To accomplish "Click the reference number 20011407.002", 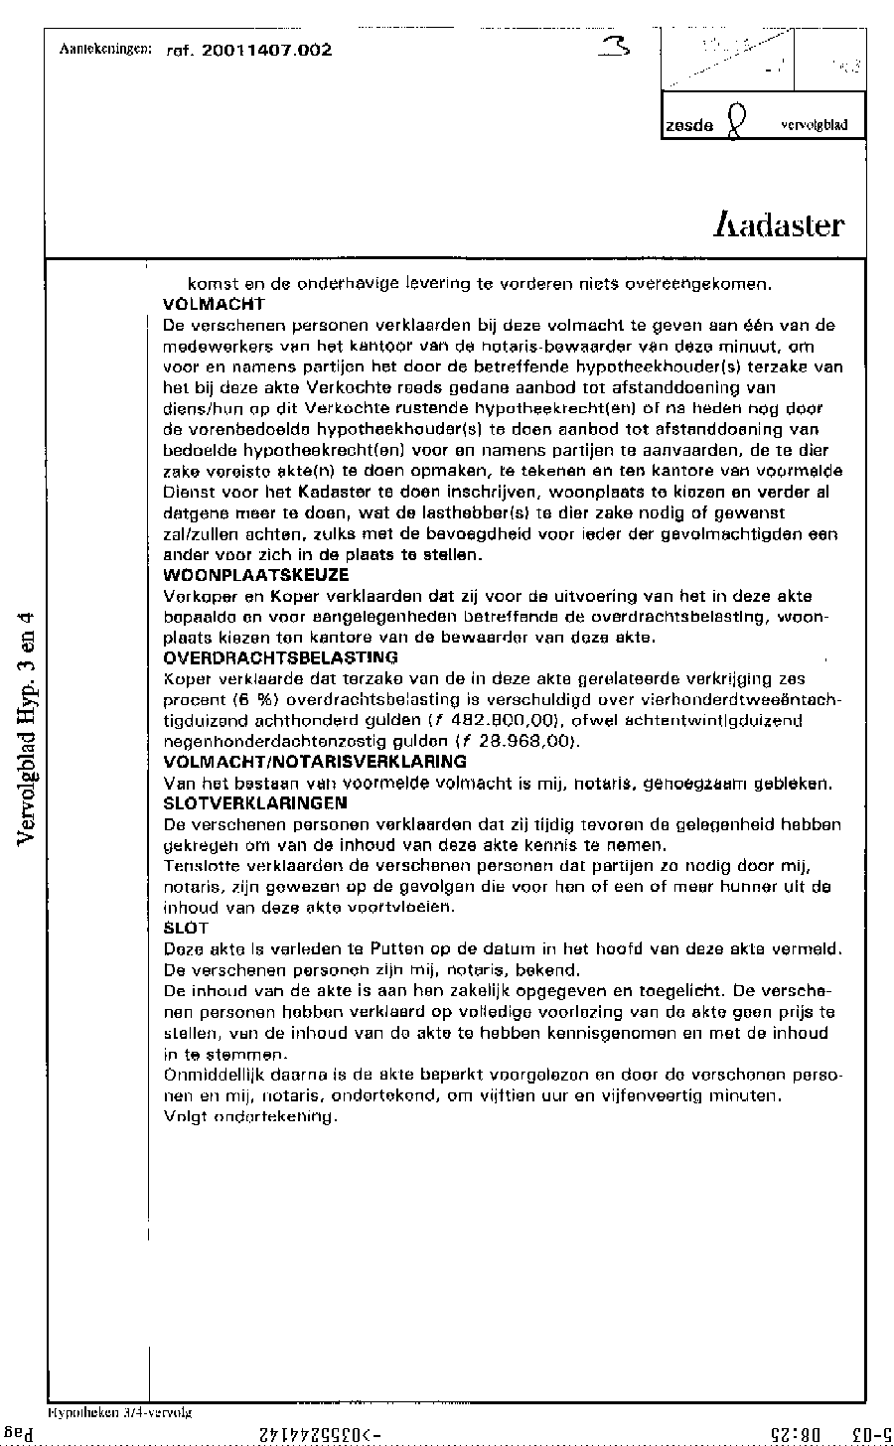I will [x=266, y=50].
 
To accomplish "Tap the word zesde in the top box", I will [x=689, y=126].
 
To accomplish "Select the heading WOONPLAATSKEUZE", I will [x=255, y=575].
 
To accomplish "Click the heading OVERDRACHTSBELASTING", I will [x=280, y=657].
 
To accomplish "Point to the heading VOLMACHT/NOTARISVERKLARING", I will [x=314, y=762].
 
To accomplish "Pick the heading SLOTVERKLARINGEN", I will [x=254, y=802].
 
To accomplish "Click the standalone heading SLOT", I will [x=185, y=928].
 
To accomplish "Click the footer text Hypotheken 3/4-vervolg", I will [x=119, y=1410].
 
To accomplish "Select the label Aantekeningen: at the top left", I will [x=105, y=48].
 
